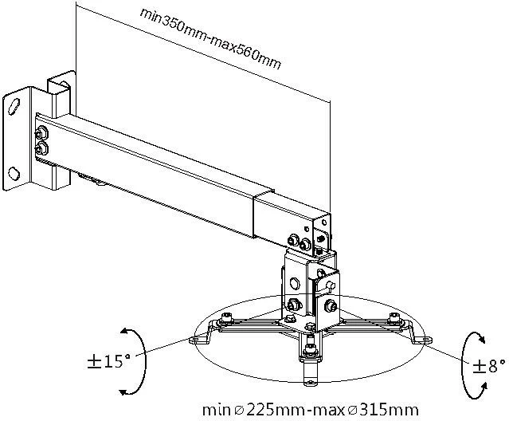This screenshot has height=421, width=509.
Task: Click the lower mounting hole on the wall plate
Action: click(15, 171)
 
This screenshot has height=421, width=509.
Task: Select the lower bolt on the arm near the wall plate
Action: click(42, 148)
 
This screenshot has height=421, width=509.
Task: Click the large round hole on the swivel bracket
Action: click(296, 281)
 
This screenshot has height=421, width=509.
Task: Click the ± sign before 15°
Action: click(94, 362)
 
